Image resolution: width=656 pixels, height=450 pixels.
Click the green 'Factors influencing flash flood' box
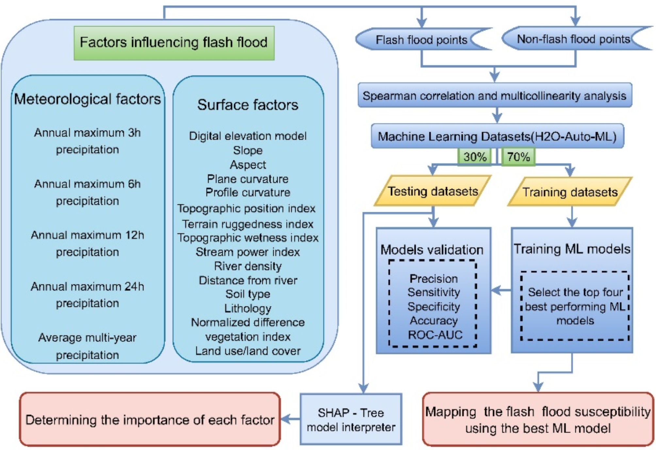pos(174,43)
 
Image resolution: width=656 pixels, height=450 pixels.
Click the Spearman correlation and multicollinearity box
pos(495,95)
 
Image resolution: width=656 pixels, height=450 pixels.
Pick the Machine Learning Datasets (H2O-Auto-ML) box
pos(497,136)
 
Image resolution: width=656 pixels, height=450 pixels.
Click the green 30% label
pos(475,157)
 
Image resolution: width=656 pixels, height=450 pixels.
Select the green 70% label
pos(518,157)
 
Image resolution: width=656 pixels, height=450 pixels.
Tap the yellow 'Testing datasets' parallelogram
pos(433,191)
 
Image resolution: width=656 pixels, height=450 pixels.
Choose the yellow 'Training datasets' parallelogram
pos(570,192)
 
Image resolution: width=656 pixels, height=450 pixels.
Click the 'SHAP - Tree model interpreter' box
pos(351,419)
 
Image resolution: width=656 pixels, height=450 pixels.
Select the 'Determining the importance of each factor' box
pos(150,419)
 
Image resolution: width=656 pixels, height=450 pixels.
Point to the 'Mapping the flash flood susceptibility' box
pos(538,419)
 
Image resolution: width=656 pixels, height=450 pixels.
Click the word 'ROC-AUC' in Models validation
pos(435,335)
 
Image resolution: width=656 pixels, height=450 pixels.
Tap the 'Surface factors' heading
pos(248,105)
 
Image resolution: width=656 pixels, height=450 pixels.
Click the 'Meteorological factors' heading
pos(88,99)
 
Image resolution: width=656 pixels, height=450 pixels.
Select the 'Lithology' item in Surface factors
pos(248,308)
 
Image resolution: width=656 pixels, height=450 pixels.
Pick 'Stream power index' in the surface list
pos(248,252)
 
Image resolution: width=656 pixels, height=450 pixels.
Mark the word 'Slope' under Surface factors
pos(248,150)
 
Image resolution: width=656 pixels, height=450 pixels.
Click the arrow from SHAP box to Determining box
pos(290,419)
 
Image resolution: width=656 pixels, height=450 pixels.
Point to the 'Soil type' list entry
pos(248,294)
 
